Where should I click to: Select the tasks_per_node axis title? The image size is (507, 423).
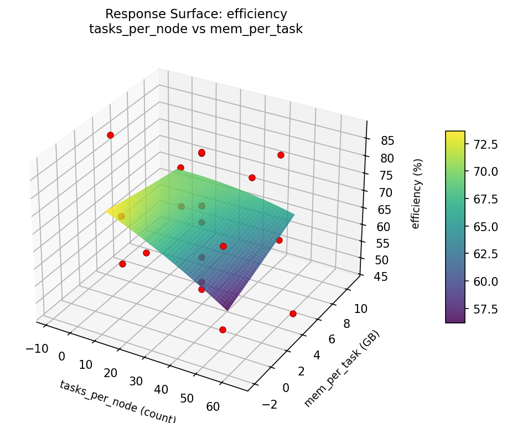117,402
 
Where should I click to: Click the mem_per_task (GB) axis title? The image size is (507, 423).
342,369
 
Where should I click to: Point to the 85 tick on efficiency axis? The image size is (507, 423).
388,140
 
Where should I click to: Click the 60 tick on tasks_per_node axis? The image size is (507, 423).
213,406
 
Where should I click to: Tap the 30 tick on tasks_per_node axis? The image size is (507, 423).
136,381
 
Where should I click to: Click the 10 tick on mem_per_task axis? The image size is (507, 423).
360,309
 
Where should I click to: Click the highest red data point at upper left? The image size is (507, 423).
110,135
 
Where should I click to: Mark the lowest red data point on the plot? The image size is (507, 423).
223,330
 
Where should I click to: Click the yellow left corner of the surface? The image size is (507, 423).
107,211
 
